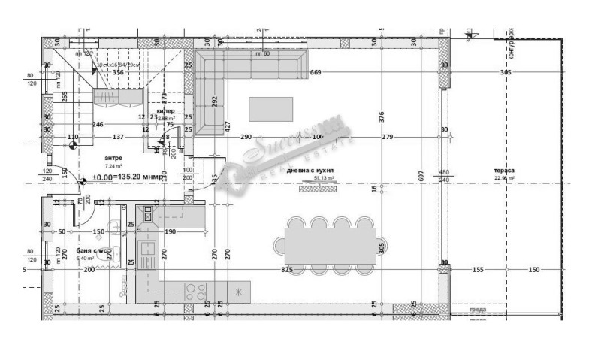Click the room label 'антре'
tap(113, 159)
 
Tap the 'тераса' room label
tap(504, 171)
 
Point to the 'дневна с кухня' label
tap(310, 171)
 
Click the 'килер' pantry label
tap(165, 110)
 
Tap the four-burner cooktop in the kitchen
tap(195, 289)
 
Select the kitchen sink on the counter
tap(147, 250)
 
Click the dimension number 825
tap(286, 268)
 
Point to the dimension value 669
tap(316, 72)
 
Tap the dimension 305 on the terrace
tap(505, 72)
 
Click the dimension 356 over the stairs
tap(118, 73)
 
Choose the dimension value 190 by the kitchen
tap(170, 232)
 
